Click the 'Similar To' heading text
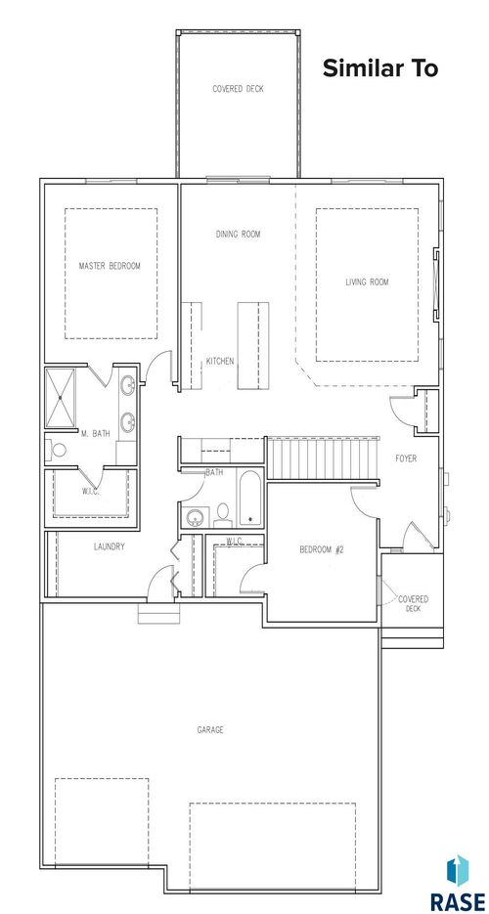point(379,68)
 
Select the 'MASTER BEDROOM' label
point(110,266)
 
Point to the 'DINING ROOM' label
point(238,234)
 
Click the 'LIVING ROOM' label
point(367,283)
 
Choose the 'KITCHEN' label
point(219,362)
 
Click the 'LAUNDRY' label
point(109,546)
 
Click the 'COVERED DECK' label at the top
point(238,89)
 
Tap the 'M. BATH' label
point(94,433)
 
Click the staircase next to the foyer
point(323,457)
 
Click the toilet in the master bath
point(58,451)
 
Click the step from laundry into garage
point(153,615)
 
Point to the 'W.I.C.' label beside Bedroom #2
point(234,541)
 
